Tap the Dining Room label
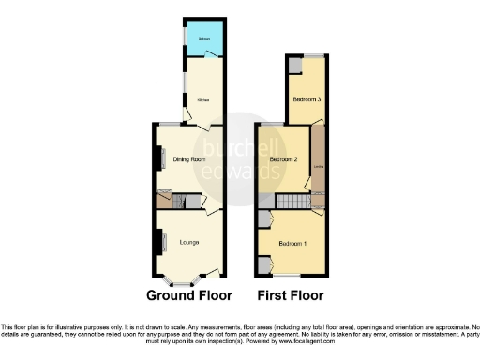(x=189, y=160)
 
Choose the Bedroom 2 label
(x=283, y=160)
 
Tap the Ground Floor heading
(x=188, y=294)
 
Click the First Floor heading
(x=291, y=294)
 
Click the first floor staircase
(x=293, y=202)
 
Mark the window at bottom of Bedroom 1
(x=288, y=277)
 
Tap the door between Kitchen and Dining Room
(x=191, y=122)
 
